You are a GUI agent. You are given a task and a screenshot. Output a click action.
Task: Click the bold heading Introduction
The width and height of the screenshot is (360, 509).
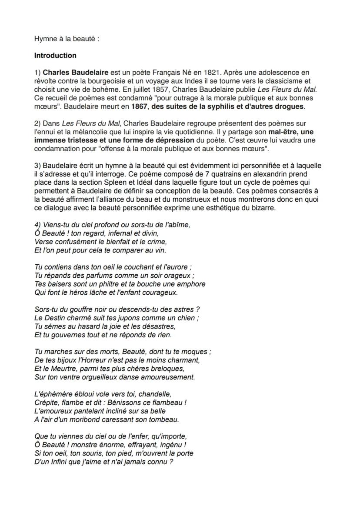click(x=55, y=56)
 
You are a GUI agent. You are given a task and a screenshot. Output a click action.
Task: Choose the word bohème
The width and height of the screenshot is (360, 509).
click(x=95, y=90)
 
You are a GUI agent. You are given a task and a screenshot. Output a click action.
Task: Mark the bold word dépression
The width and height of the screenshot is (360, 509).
click(x=174, y=140)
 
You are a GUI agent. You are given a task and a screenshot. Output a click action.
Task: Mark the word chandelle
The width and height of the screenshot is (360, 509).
click(x=155, y=394)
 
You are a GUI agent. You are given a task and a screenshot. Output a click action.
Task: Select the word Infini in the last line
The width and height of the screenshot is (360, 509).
click(x=55, y=462)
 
